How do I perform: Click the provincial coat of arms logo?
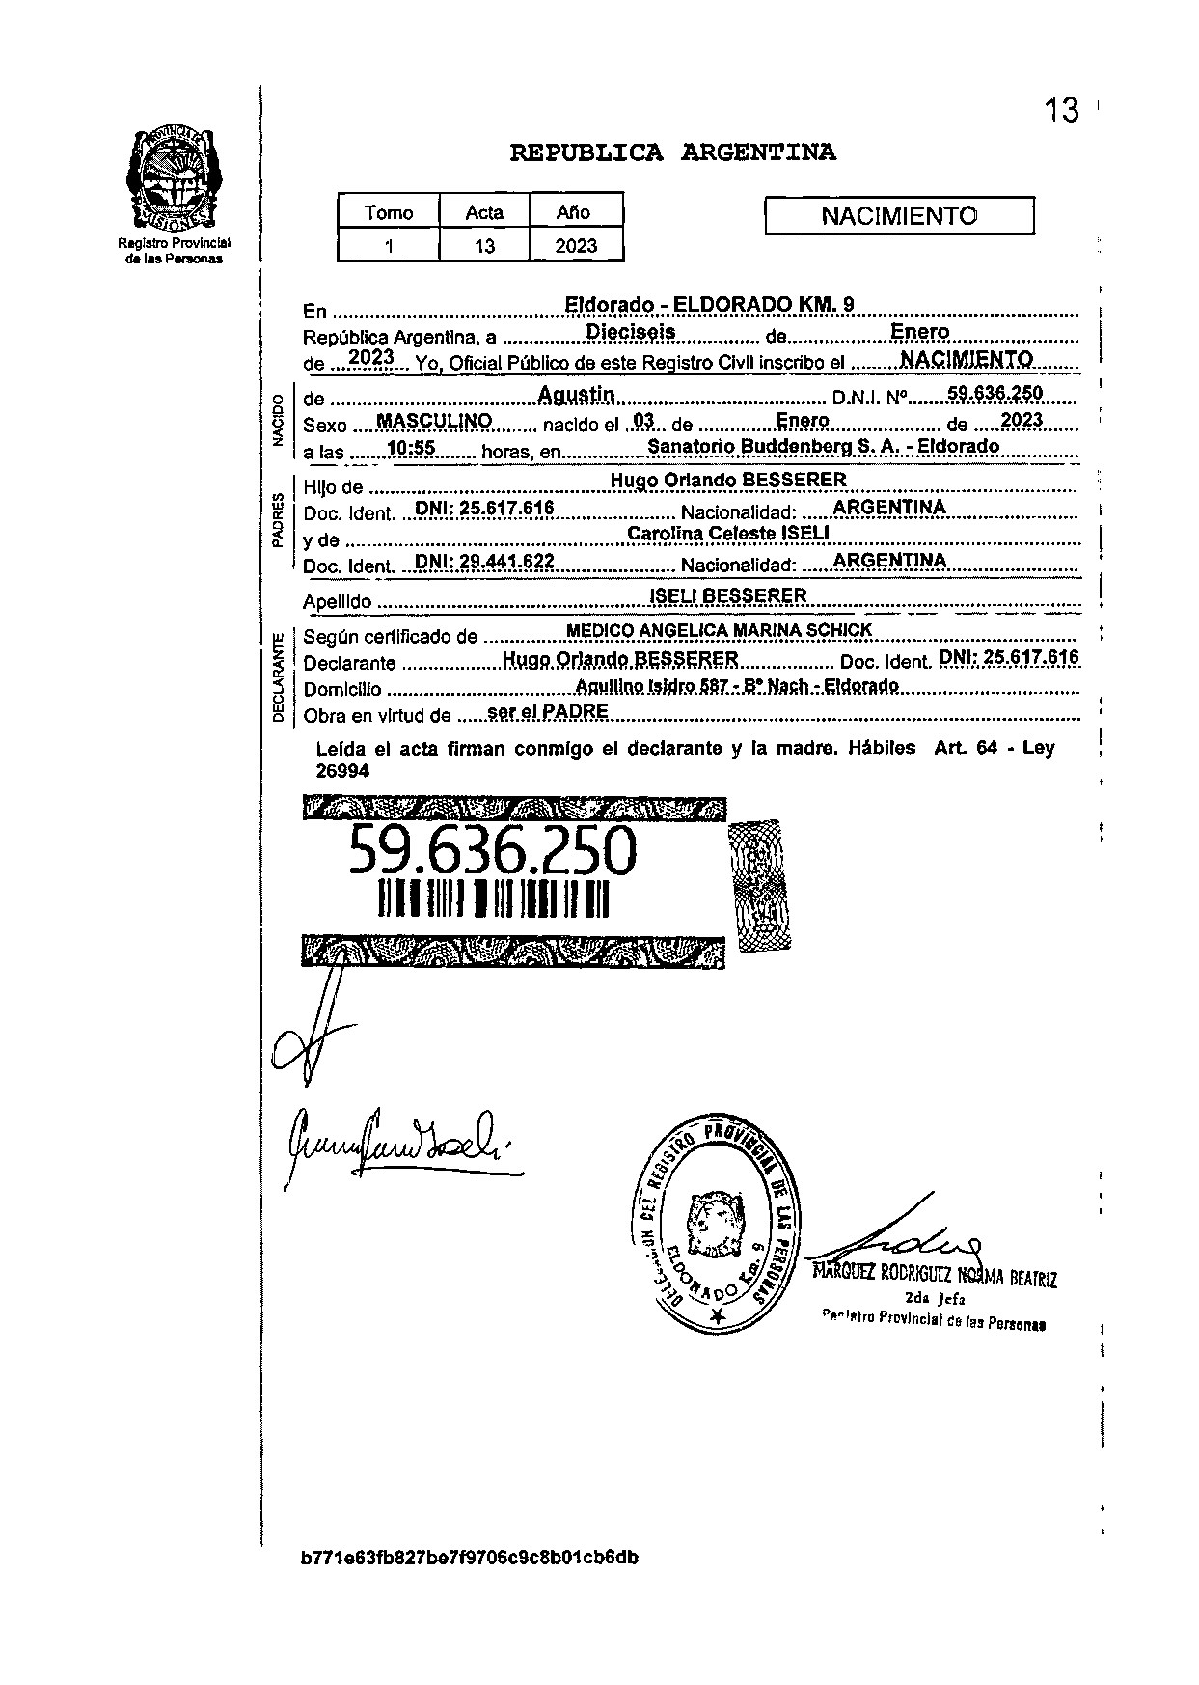tap(174, 175)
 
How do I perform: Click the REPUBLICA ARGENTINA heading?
tap(672, 152)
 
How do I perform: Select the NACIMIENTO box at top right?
tap(898, 215)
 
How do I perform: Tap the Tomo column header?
tap(389, 212)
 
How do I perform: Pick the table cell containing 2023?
tap(576, 246)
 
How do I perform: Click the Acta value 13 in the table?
tap(484, 246)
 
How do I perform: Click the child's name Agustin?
tap(576, 394)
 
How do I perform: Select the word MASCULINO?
tap(434, 422)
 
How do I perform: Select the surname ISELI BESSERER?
tap(728, 596)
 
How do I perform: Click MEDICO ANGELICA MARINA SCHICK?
tap(719, 630)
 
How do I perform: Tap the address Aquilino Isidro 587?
tap(736, 686)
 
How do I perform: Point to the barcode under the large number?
tap(493, 898)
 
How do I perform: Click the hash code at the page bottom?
tap(469, 1557)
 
